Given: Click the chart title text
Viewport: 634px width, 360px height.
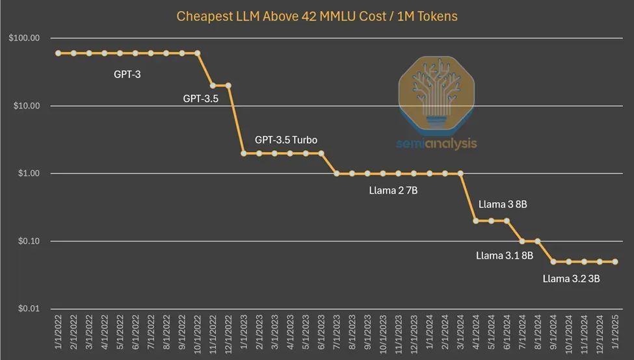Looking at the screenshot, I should [317, 16].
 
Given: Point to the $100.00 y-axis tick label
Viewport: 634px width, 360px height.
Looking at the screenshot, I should [25, 38].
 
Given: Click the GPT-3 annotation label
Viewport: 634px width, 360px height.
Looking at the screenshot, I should [127, 74].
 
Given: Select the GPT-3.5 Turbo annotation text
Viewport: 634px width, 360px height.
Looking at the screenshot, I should [286, 140].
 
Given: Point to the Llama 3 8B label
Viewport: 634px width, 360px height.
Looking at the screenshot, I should [502, 204].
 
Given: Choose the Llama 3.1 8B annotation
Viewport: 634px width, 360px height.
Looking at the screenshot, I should [505, 256].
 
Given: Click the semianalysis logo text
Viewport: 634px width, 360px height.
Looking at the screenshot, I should [437, 143].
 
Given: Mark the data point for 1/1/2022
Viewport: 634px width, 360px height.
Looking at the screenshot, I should [58, 53].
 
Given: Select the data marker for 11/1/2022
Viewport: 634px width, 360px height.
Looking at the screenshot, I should [213, 85].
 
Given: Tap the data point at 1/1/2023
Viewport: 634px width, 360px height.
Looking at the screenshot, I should [244, 153].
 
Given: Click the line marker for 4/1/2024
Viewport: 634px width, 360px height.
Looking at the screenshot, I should [476, 221].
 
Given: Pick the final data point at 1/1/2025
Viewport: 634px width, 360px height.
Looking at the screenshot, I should [615, 262].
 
